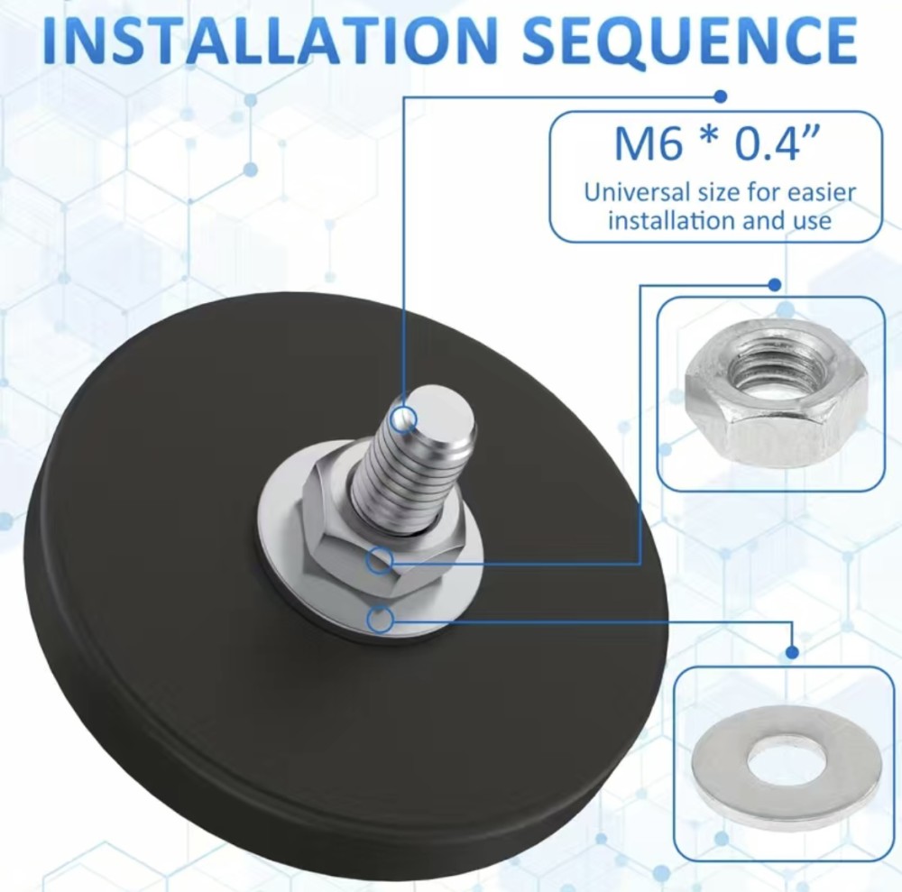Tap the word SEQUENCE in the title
click(x=690, y=41)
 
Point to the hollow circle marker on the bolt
click(x=403, y=419)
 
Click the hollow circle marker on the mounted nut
click(x=381, y=560)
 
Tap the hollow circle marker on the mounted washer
click(x=380, y=620)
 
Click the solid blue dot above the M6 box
click(x=720, y=96)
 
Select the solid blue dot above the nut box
click(x=775, y=284)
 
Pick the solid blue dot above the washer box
click(x=792, y=652)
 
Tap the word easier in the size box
click(x=822, y=192)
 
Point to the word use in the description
click(x=813, y=221)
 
